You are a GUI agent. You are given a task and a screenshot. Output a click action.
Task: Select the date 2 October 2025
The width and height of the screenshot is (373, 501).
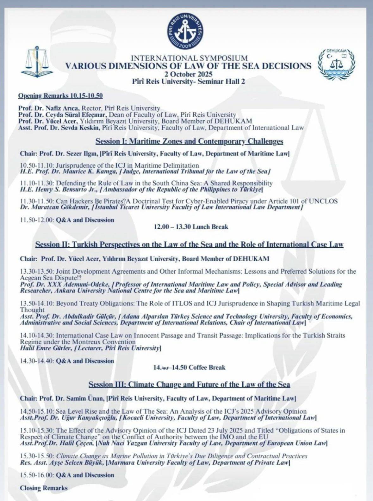pos(188,74)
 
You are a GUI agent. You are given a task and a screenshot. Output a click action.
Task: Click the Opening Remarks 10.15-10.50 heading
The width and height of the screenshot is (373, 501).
pos(60,96)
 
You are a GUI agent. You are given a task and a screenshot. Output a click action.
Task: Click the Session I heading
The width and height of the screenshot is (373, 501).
pos(189,141)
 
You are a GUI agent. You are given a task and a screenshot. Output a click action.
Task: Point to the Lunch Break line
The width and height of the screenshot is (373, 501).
pos(191,227)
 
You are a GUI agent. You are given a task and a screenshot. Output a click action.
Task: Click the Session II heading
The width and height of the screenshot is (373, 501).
pos(189,244)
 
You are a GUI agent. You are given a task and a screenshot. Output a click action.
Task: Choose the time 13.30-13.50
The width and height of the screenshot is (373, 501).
pos(37,271)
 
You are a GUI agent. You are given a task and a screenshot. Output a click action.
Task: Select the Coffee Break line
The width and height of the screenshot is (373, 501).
pos(189,367)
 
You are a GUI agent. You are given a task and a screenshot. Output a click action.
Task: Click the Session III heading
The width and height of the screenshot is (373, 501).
pos(189,384)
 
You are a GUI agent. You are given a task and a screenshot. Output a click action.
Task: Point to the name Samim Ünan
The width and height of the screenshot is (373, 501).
pos(85,399)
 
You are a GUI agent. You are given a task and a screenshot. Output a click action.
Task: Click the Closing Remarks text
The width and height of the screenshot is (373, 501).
pos(44,488)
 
